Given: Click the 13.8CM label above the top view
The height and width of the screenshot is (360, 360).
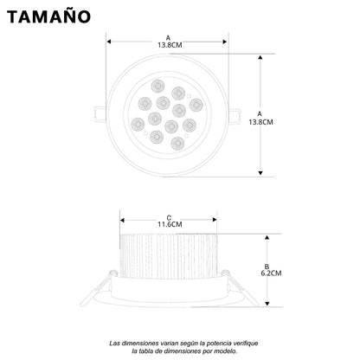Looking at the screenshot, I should coord(167,45).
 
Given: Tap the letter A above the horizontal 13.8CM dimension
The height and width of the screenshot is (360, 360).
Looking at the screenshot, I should coord(167,36).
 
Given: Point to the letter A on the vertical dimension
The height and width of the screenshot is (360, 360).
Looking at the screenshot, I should coord(261,112).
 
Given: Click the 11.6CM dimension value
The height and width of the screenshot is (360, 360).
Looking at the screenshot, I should coord(170,225).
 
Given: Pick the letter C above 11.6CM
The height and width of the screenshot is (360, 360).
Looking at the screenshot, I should coord(170,216).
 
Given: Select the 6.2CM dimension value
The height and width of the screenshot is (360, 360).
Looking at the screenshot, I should coord(268,272).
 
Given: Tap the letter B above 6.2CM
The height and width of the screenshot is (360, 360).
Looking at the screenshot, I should coord(268,263).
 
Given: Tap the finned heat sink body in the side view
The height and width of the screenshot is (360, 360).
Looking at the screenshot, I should coord(170,255).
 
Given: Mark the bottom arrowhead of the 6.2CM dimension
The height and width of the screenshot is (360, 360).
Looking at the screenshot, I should coord(268,304).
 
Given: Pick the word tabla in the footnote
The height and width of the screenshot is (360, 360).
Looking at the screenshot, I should coord(145,350).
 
